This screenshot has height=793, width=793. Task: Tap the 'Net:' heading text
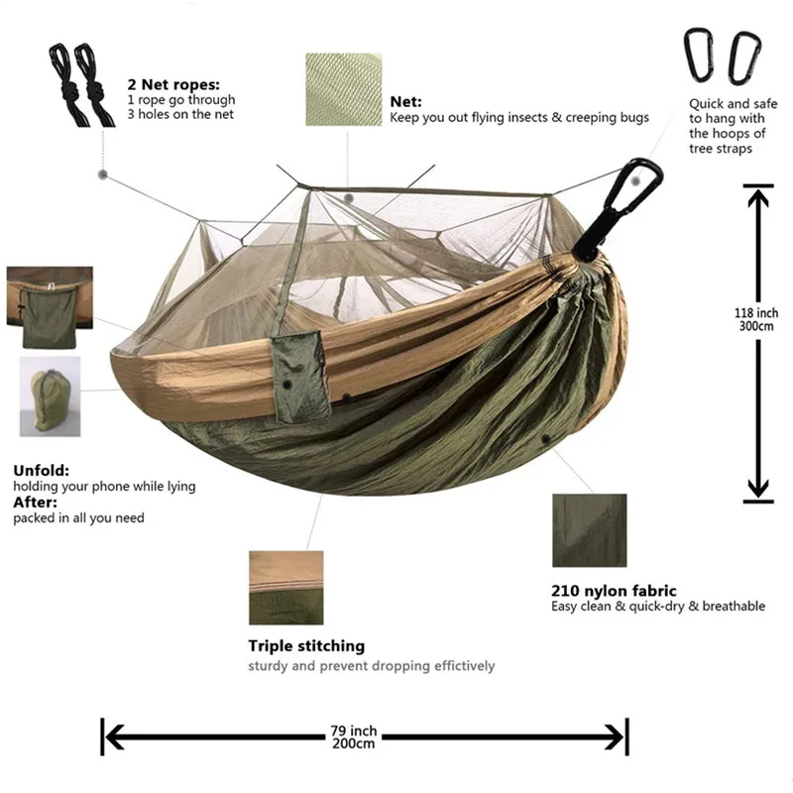pyautogui.click(x=405, y=101)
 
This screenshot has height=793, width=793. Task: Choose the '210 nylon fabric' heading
pyautogui.click(x=614, y=591)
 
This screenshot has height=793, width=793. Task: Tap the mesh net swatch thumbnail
pyautogui.click(x=341, y=90)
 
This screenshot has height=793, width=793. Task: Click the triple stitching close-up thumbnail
pyautogui.click(x=285, y=587)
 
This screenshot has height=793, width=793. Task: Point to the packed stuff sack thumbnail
pyautogui.click(x=51, y=396)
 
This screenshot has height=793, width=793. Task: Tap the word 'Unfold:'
pyautogui.click(x=42, y=471)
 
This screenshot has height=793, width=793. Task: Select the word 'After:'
pyautogui.click(x=36, y=503)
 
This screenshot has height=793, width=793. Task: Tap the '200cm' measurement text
pyautogui.click(x=353, y=743)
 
